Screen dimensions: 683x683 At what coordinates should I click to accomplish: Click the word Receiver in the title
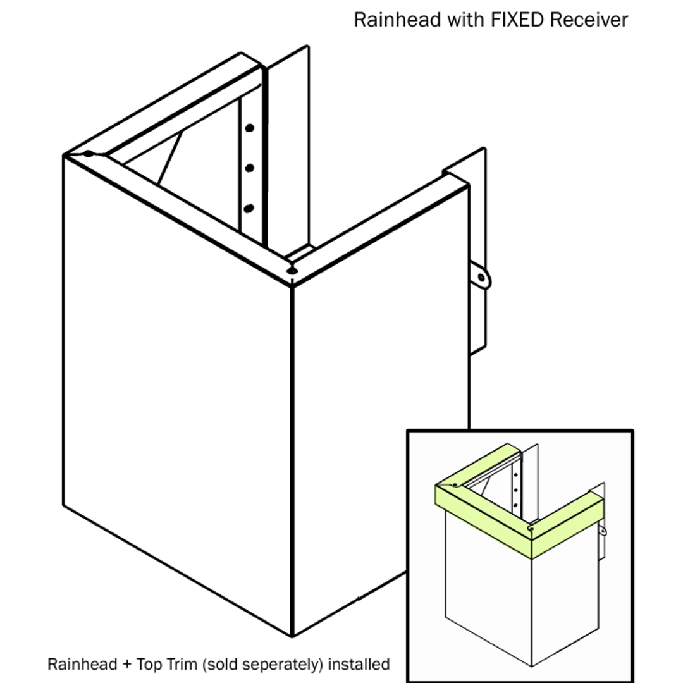pyautogui.click(x=589, y=20)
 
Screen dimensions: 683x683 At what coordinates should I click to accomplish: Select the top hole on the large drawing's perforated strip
pyautogui.click(x=250, y=128)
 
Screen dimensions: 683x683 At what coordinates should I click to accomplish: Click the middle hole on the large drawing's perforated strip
pyautogui.click(x=250, y=168)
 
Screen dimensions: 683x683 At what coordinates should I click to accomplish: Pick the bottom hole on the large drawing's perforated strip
pyautogui.click(x=249, y=207)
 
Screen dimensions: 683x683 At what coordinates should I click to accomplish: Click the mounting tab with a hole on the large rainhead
pyautogui.click(x=481, y=278)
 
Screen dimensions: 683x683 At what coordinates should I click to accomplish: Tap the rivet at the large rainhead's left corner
pyautogui.click(x=89, y=153)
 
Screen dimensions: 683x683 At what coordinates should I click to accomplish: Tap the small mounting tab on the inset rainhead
pyautogui.click(x=603, y=531)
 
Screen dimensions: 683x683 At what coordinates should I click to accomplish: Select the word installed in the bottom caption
pyautogui.click(x=359, y=665)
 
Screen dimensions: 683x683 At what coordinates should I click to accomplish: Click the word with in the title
pyautogui.click(x=466, y=20)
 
